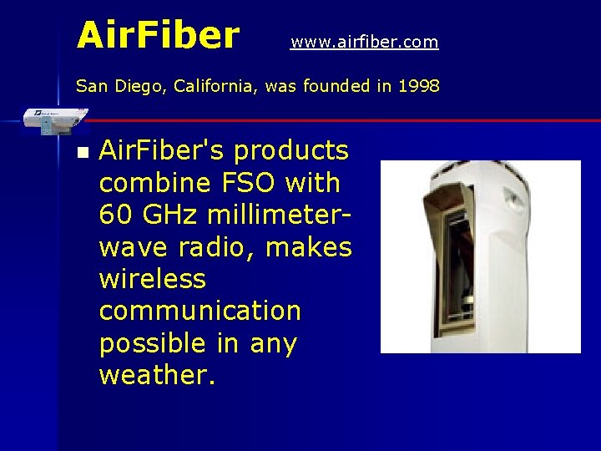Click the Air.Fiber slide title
coord(158,35)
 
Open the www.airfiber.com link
coord(364,42)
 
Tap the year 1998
coord(419,85)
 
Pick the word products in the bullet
coord(291,151)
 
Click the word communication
coord(199,311)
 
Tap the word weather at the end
coord(157,375)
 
